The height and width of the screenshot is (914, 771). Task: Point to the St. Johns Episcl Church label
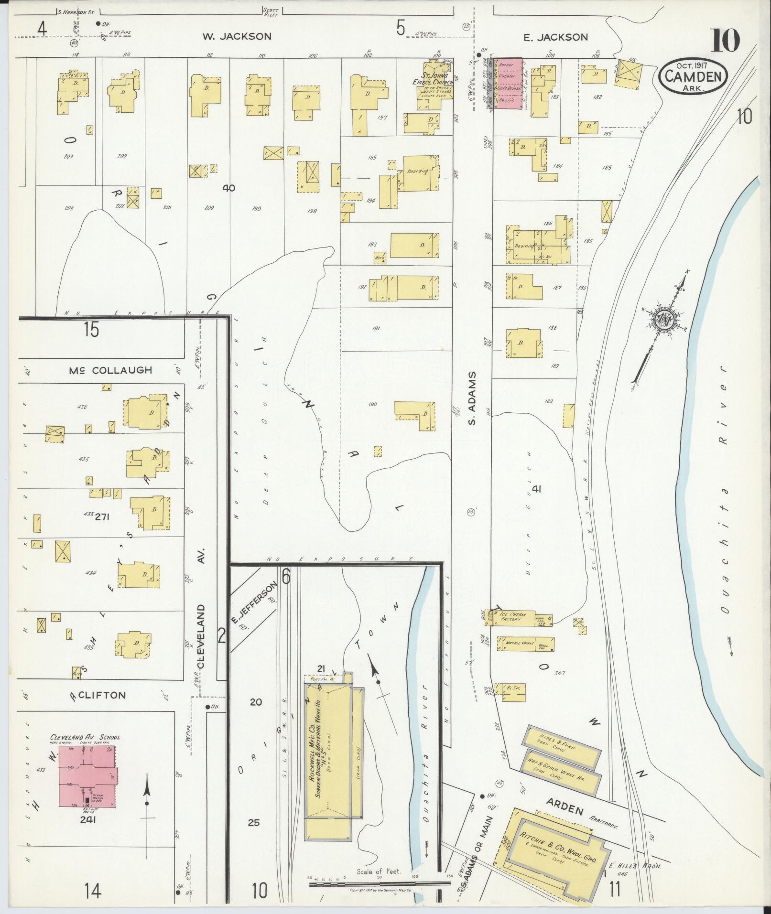tap(432, 78)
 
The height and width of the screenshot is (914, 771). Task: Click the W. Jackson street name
tap(237, 36)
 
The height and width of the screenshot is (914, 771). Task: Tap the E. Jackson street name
tap(555, 37)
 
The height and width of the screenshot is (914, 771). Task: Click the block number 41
tap(536, 489)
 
